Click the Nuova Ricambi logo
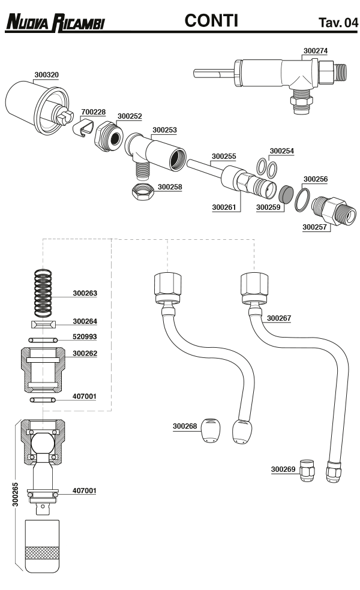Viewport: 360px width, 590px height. point(55,22)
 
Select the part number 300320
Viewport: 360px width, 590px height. point(46,75)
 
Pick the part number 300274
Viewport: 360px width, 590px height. point(316,51)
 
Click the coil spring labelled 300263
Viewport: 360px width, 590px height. point(43,293)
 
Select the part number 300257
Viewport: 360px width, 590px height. point(314,227)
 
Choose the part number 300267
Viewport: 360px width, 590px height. point(279,318)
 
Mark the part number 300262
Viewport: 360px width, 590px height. point(85,354)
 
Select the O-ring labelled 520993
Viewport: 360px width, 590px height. point(43,339)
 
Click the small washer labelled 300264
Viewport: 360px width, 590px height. point(43,324)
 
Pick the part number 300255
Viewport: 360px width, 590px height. point(224,156)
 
